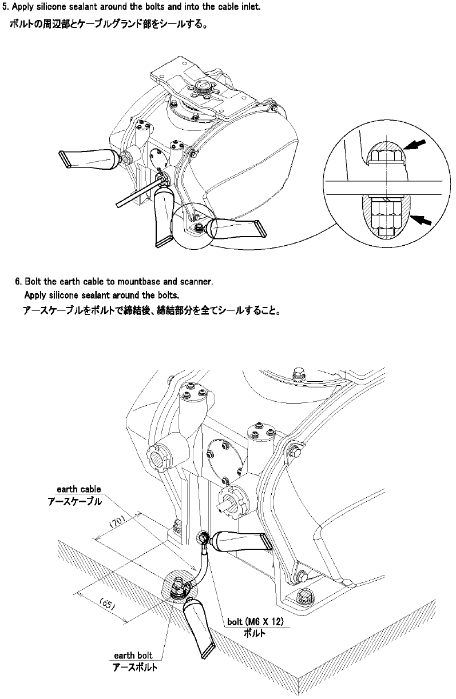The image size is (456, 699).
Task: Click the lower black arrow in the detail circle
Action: [422, 219]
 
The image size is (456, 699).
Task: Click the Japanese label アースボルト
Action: [134, 667]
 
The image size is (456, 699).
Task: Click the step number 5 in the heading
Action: [6, 7]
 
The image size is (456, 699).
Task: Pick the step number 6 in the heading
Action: [18, 281]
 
